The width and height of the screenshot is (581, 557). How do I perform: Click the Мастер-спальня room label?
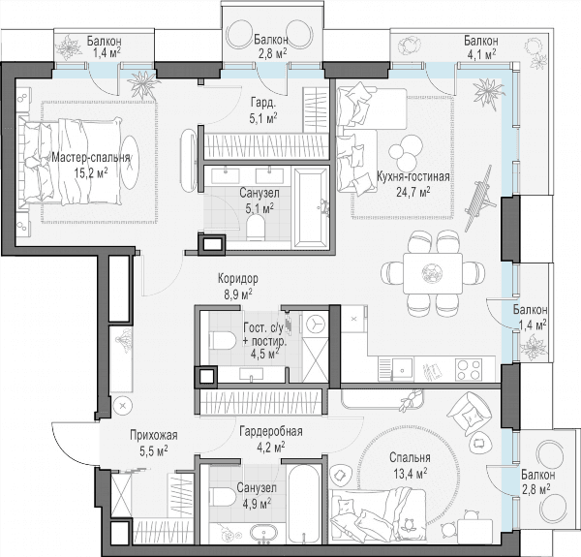coord(91,158)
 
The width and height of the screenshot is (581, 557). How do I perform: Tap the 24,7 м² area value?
coord(413,192)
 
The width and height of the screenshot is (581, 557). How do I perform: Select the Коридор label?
coord(238,278)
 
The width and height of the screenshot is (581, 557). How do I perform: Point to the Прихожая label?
coord(154,435)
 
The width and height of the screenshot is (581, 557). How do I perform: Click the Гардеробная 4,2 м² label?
coord(271,440)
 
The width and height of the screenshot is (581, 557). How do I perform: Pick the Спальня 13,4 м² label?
coord(410,466)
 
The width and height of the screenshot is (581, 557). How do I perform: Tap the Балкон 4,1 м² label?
coord(481,47)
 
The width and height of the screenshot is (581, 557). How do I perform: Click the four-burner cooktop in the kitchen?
coord(469,369)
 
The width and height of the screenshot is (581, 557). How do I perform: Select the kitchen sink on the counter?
coord(403,369)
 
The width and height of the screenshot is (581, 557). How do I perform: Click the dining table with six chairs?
coord(433,273)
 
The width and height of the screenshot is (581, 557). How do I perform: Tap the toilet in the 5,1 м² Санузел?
coord(256,228)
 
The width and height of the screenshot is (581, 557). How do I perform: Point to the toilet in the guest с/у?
coord(223,341)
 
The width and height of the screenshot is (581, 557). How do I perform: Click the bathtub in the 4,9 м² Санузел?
coord(304,505)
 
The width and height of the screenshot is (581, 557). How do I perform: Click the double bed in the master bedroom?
coord(71,161)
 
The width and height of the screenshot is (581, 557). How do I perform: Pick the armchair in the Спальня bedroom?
coord(468,415)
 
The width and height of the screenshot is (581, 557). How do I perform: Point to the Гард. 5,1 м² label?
coord(263,109)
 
